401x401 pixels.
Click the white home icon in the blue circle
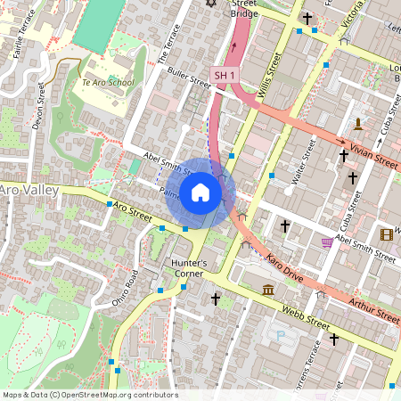pyautogui.click(x=200, y=192)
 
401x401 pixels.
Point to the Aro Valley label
pyautogui.click(x=29, y=190)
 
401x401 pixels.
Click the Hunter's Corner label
pyautogui.click(x=188, y=268)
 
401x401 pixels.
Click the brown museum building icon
pyautogui.click(x=268, y=290)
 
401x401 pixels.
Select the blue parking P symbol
pyautogui.click(x=282, y=337)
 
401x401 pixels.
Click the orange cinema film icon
pyautogui.click(x=386, y=234)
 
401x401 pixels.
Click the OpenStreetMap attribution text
pyautogui.click(x=89, y=395)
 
